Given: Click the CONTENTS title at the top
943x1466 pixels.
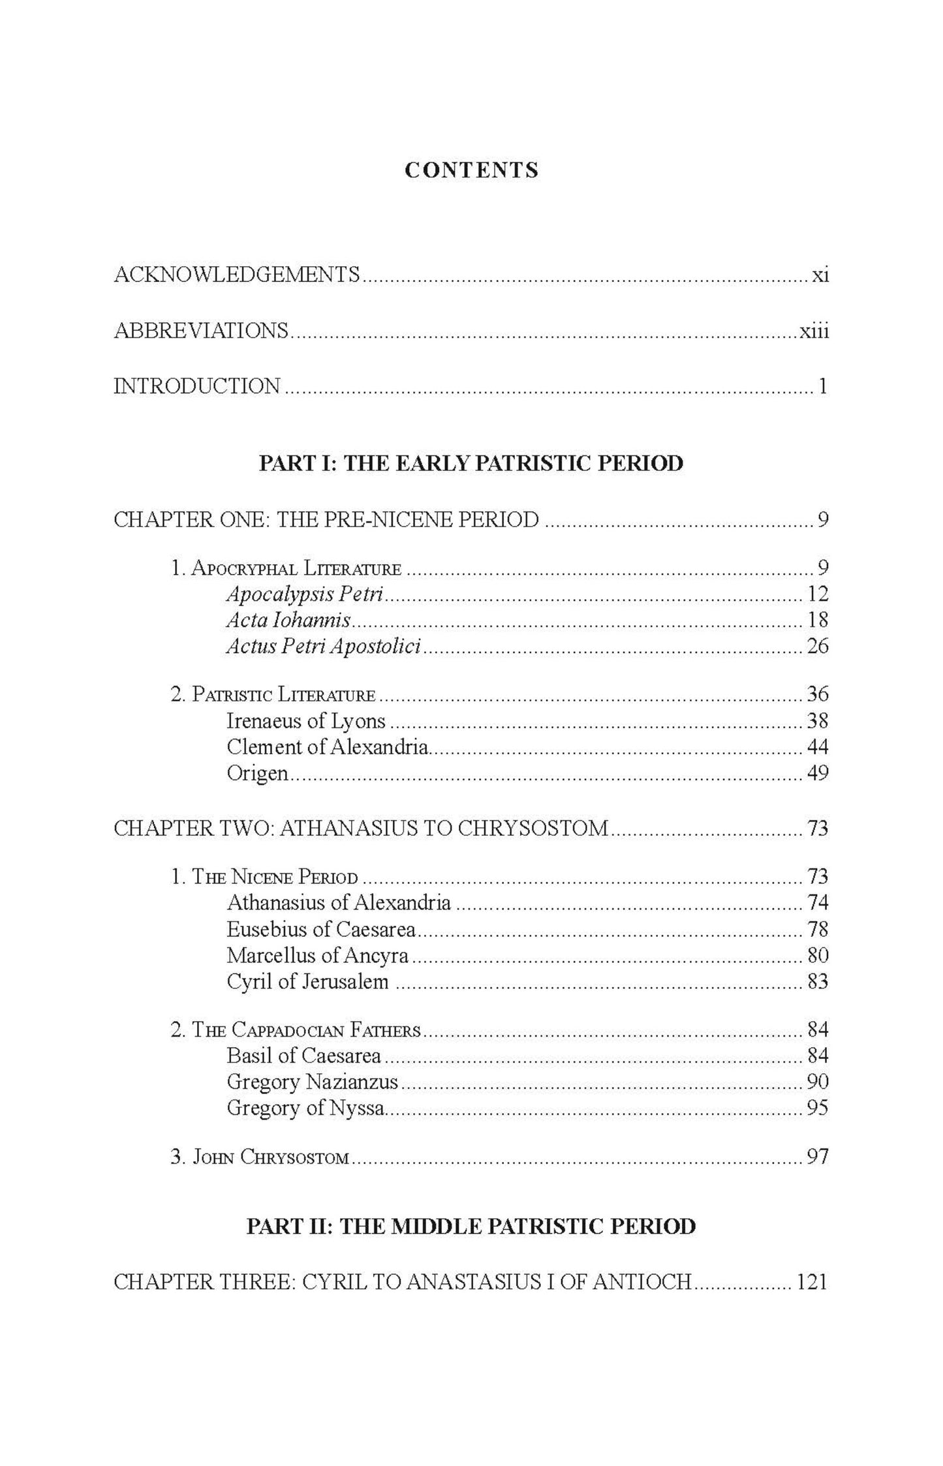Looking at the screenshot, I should tap(471, 170).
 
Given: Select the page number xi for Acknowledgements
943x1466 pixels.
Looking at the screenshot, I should tap(820, 275).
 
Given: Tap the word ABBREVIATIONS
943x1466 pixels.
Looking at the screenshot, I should tap(201, 331).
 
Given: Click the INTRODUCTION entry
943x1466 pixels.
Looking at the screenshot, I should tap(197, 386).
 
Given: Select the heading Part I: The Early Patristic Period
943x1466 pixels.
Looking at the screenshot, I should tap(471, 463).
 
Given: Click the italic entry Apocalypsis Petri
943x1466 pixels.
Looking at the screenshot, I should tap(305, 594).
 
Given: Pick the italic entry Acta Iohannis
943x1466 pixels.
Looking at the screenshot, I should tap(288, 620).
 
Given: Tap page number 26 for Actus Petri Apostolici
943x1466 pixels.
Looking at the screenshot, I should tap(817, 647).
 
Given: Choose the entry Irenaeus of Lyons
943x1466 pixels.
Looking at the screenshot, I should tap(306, 721).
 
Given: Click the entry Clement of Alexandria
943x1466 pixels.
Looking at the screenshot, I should tap(328, 747).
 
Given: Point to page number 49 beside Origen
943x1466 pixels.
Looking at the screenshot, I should tap(817, 773).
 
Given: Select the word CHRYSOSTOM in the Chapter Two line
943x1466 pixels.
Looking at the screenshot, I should tap(533, 828).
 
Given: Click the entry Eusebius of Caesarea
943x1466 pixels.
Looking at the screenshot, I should tap(321, 929).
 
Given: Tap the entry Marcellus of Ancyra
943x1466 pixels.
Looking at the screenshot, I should tap(317, 955).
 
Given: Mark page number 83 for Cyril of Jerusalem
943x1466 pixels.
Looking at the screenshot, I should tap(817, 981).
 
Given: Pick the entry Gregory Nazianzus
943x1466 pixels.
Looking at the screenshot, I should tap(312, 1082).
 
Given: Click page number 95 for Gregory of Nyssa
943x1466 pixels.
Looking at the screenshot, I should tap(817, 1108).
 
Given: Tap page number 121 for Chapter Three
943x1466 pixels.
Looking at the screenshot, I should tap(811, 1282).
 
